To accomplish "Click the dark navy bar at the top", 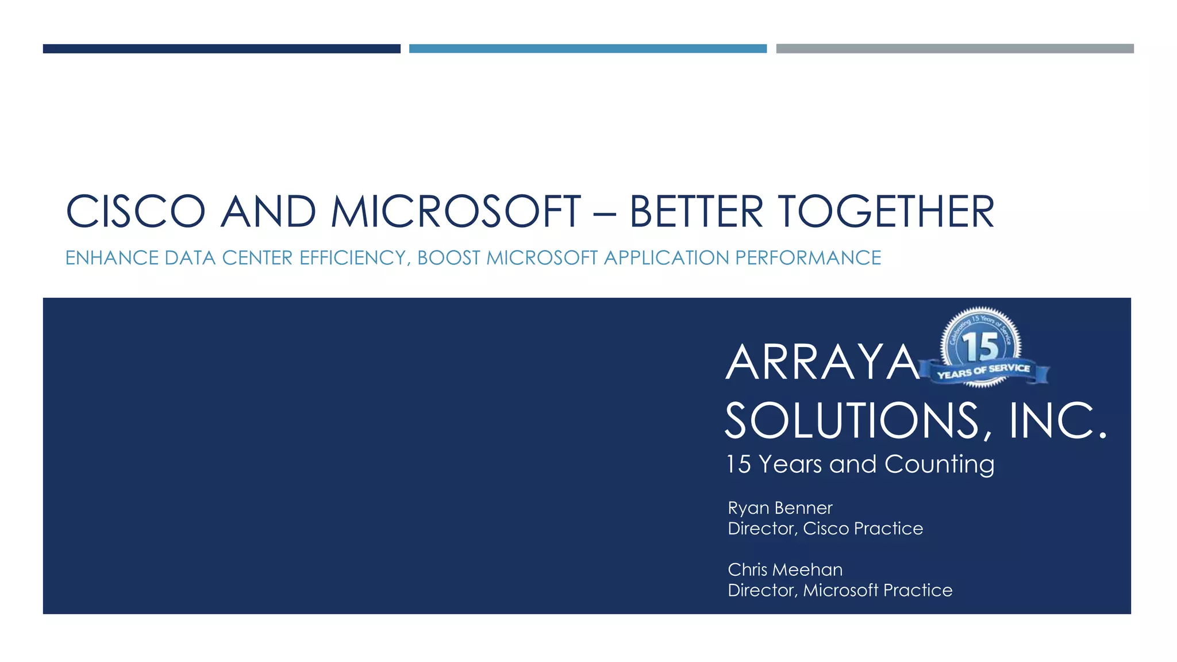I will pos(221,49).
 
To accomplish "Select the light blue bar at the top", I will pos(587,49).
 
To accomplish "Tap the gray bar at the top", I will pos(955,49).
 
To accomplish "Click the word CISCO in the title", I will pos(136,211).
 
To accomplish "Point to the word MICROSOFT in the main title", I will pos(455,211).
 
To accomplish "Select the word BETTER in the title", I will pos(696,211).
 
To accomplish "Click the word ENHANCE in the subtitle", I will pos(111,258).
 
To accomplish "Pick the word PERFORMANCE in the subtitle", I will pos(808,258).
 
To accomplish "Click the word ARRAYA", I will pos(822,363).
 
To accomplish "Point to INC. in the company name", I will pos(1057,421).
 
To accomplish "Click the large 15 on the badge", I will pos(981,347).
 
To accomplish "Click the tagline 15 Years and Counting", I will pos(860,464).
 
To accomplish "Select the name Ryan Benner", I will pos(780,508).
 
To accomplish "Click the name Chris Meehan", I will pos(785,569).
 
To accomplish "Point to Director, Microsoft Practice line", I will pos(840,590).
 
